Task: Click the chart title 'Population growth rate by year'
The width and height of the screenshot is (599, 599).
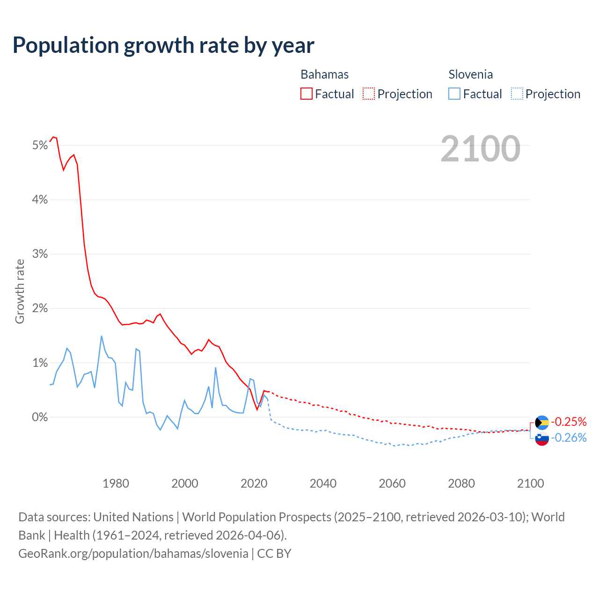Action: (163, 45)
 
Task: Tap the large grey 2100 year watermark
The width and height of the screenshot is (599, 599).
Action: (480, 149)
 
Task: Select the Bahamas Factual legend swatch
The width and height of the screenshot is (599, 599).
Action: (306, 94)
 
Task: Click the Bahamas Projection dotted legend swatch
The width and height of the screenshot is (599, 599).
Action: (369, 94)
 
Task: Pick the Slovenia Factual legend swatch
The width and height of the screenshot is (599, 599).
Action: (454, 94)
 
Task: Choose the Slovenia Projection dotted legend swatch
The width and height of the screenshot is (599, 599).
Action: (517, 94)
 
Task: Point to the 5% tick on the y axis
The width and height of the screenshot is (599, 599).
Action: (40, 146)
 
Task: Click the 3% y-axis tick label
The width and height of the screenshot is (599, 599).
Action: (40, 254)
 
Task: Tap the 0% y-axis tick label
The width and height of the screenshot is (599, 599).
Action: (40, 417)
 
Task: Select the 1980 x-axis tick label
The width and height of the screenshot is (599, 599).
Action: (116, 483)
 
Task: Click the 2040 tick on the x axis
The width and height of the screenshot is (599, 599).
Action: (323, 483)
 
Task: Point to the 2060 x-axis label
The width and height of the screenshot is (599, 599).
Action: (392, 483)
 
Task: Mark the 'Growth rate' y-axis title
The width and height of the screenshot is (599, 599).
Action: (20, 291)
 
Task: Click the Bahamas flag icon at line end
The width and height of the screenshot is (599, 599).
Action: (542, 422)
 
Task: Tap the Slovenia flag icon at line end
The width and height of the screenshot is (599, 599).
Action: (542, 438)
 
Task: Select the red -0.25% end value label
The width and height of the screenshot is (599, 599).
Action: (569, 422)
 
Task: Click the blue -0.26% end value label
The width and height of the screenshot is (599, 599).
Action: (569, 438)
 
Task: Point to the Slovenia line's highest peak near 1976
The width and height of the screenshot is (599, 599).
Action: (102, 336)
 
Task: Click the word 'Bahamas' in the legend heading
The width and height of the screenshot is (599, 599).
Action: (324, 74)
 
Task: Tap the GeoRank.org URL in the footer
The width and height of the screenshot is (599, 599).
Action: (133, 553)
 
